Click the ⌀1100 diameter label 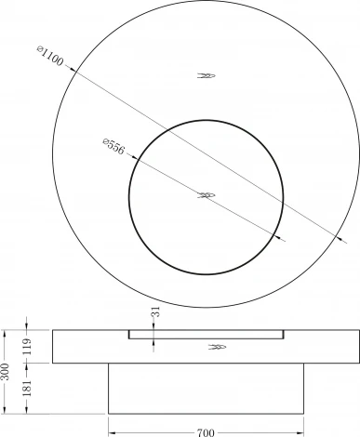pos(50,56)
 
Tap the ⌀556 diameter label pos(113,146)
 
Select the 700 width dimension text pos(206,432)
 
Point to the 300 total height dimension pos(7,372)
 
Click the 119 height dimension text pos(27,347)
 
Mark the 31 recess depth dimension pos(156,311)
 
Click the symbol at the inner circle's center pos(207,195)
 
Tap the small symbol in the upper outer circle pos(207,75)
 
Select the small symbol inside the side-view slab pos(217,347)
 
